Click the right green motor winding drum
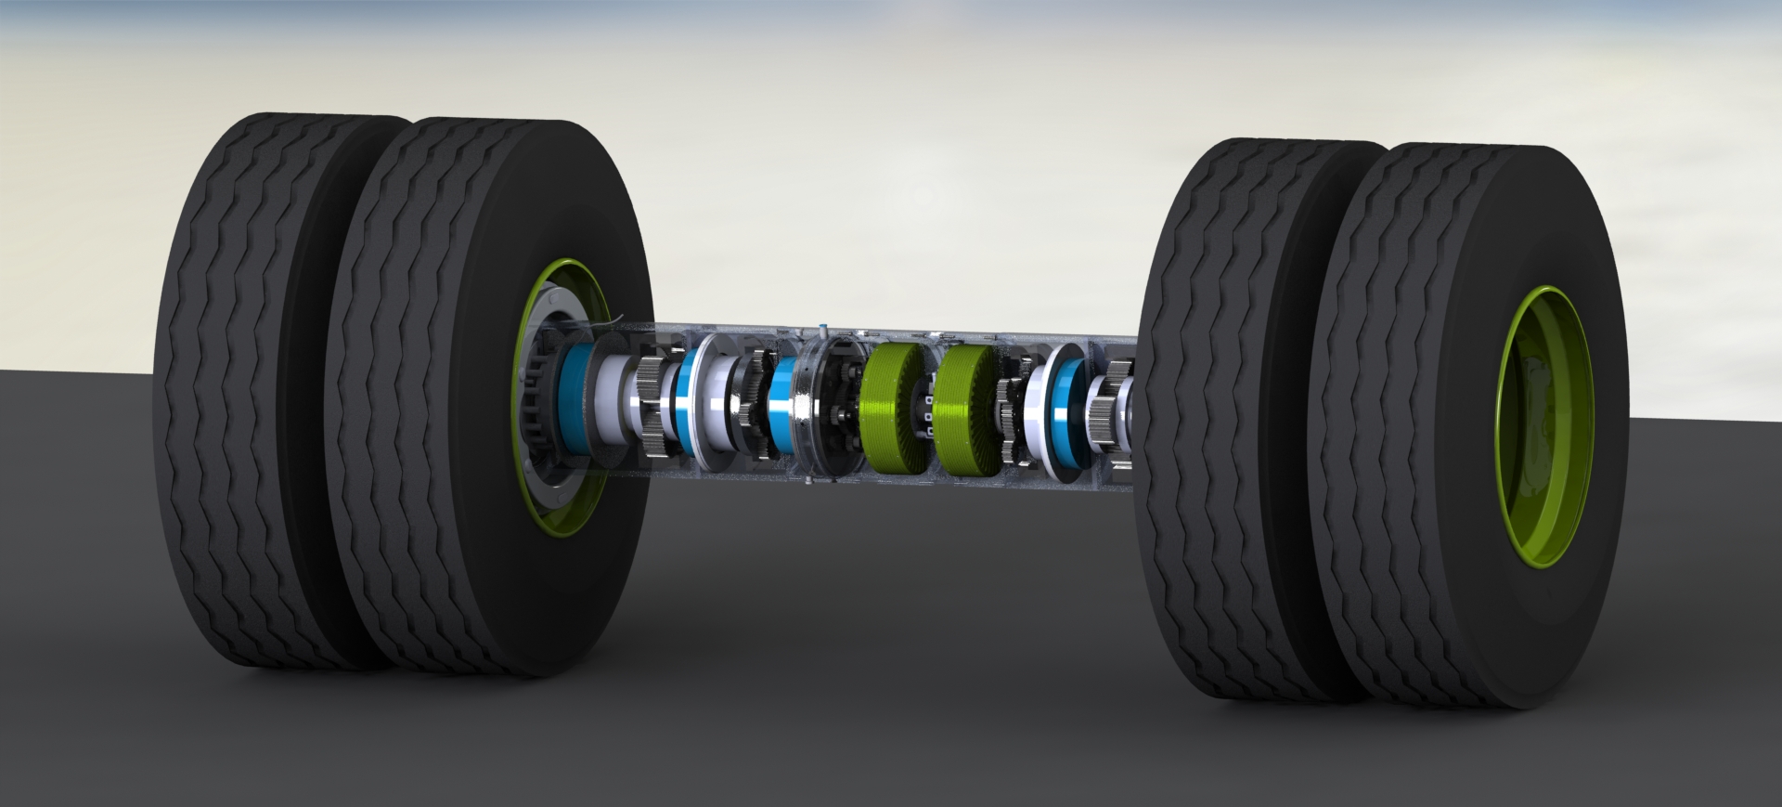click(968, 411)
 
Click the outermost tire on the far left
click(251, 390)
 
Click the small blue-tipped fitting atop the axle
click(823, 330)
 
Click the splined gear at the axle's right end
click(1111, 409)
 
